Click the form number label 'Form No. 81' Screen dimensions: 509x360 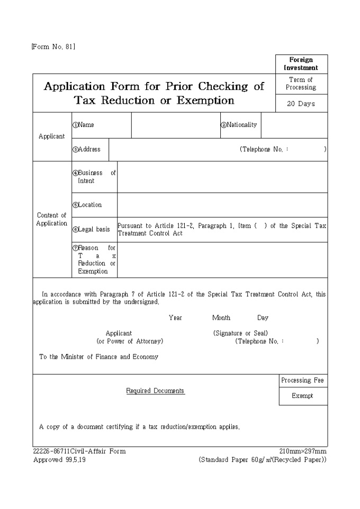(53, 47)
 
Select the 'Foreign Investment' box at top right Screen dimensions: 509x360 (301, 64)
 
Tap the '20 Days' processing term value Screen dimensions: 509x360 (301, 104)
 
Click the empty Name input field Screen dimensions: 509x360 (175, 125)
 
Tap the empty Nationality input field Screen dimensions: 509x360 (294, 125)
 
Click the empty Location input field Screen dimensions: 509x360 (222, 205)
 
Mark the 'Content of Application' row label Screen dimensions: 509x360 (52, 220)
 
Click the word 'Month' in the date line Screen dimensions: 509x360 (221, 318)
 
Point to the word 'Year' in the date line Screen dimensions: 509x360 (175, 318)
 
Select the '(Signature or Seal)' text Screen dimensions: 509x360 (240, 333)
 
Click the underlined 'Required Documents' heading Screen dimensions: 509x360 (155, 391)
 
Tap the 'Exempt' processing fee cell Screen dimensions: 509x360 (303, 396)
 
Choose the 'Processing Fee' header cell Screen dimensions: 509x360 (303, 380)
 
